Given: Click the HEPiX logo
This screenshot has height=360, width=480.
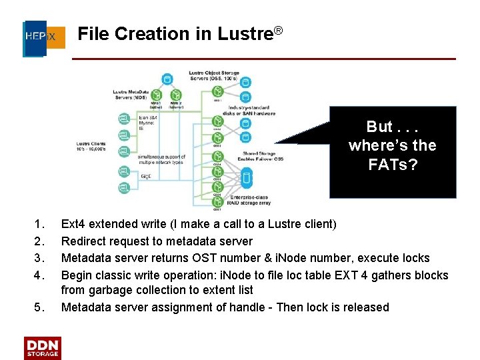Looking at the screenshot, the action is point(44,36).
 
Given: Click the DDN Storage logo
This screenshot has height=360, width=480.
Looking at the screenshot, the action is point(43,347).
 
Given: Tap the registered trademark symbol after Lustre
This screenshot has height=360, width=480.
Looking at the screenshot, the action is point(279,31).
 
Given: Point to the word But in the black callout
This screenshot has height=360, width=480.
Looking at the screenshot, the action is point(380,127).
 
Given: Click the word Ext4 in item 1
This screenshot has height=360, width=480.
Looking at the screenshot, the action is point(72,224).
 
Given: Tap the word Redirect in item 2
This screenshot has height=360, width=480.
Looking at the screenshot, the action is point(83,241).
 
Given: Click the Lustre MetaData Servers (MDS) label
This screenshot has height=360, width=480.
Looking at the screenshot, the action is point(131,93).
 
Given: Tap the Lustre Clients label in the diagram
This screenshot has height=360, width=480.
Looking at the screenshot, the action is point(92,145).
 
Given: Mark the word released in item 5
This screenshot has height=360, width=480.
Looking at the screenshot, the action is point(365,307).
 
